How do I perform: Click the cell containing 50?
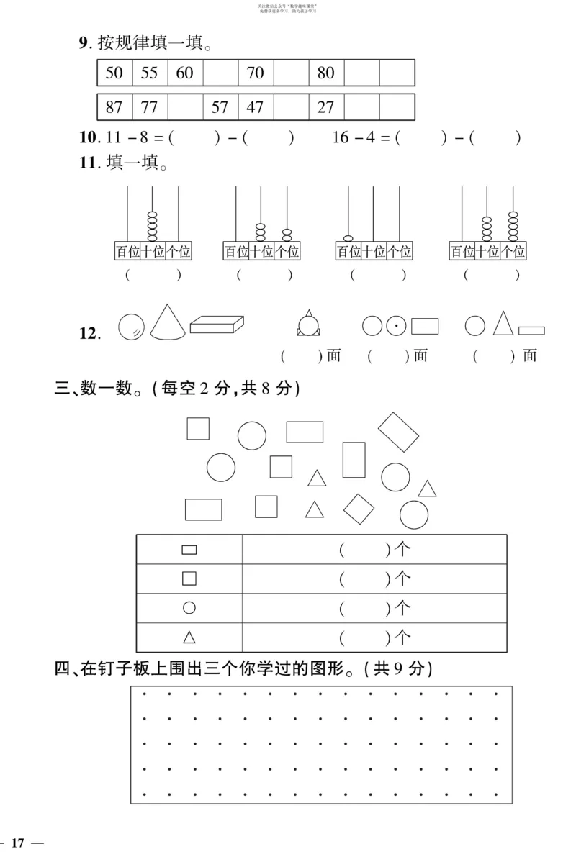(114, 73)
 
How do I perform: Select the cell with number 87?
(114, 107)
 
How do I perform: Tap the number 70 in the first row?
(255, 73)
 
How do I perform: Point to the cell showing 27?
(325, 107)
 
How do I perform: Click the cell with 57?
(220, 107)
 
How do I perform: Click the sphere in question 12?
(130, 327)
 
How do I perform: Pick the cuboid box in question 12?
(217, 325)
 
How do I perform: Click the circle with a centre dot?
(395, 327)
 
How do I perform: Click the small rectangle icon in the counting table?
(189, 550)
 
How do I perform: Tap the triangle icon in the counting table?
(189, 637)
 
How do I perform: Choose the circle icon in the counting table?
(189, 608)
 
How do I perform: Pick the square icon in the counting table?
(189, 578)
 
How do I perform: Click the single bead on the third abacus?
(348, 238)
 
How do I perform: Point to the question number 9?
(83, 44)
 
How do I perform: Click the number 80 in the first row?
(325, 73)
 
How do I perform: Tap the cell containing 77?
(149, 107)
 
